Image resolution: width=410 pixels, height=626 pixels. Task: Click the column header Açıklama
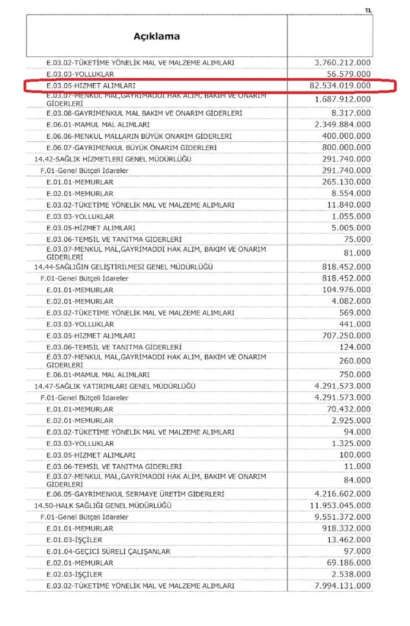point(157,36)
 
